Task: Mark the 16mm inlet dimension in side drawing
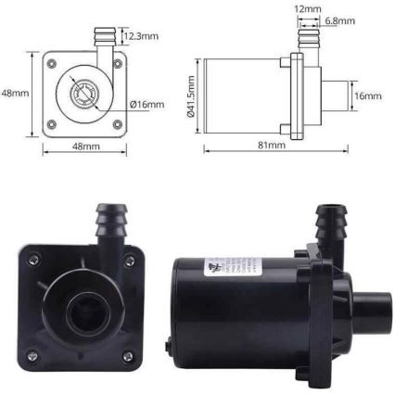(368, 95)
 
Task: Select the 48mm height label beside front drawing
(12, 93)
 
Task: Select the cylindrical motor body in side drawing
(243, 94)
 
